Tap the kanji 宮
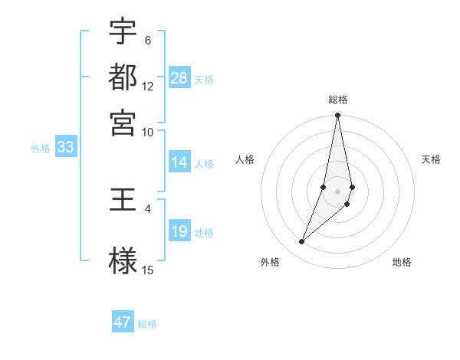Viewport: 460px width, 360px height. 123,122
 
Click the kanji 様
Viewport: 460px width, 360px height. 123,260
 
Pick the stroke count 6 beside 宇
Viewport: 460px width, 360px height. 148,40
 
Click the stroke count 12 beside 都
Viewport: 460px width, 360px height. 148,86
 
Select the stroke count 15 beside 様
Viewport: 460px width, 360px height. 148,270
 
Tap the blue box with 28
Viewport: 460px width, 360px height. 179,78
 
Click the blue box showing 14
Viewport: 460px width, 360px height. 179,162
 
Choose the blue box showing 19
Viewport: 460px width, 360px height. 179,232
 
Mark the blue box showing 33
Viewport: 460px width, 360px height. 65,148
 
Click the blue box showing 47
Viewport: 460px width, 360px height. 123,322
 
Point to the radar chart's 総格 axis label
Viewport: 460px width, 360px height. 338,100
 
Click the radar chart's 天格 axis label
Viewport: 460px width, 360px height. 432,159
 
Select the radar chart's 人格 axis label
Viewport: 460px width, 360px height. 245,159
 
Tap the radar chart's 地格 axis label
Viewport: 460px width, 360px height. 402,263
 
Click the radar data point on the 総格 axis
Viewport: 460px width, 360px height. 338,116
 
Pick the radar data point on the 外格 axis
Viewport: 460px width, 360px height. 302,242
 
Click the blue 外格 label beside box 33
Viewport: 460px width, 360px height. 41,149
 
